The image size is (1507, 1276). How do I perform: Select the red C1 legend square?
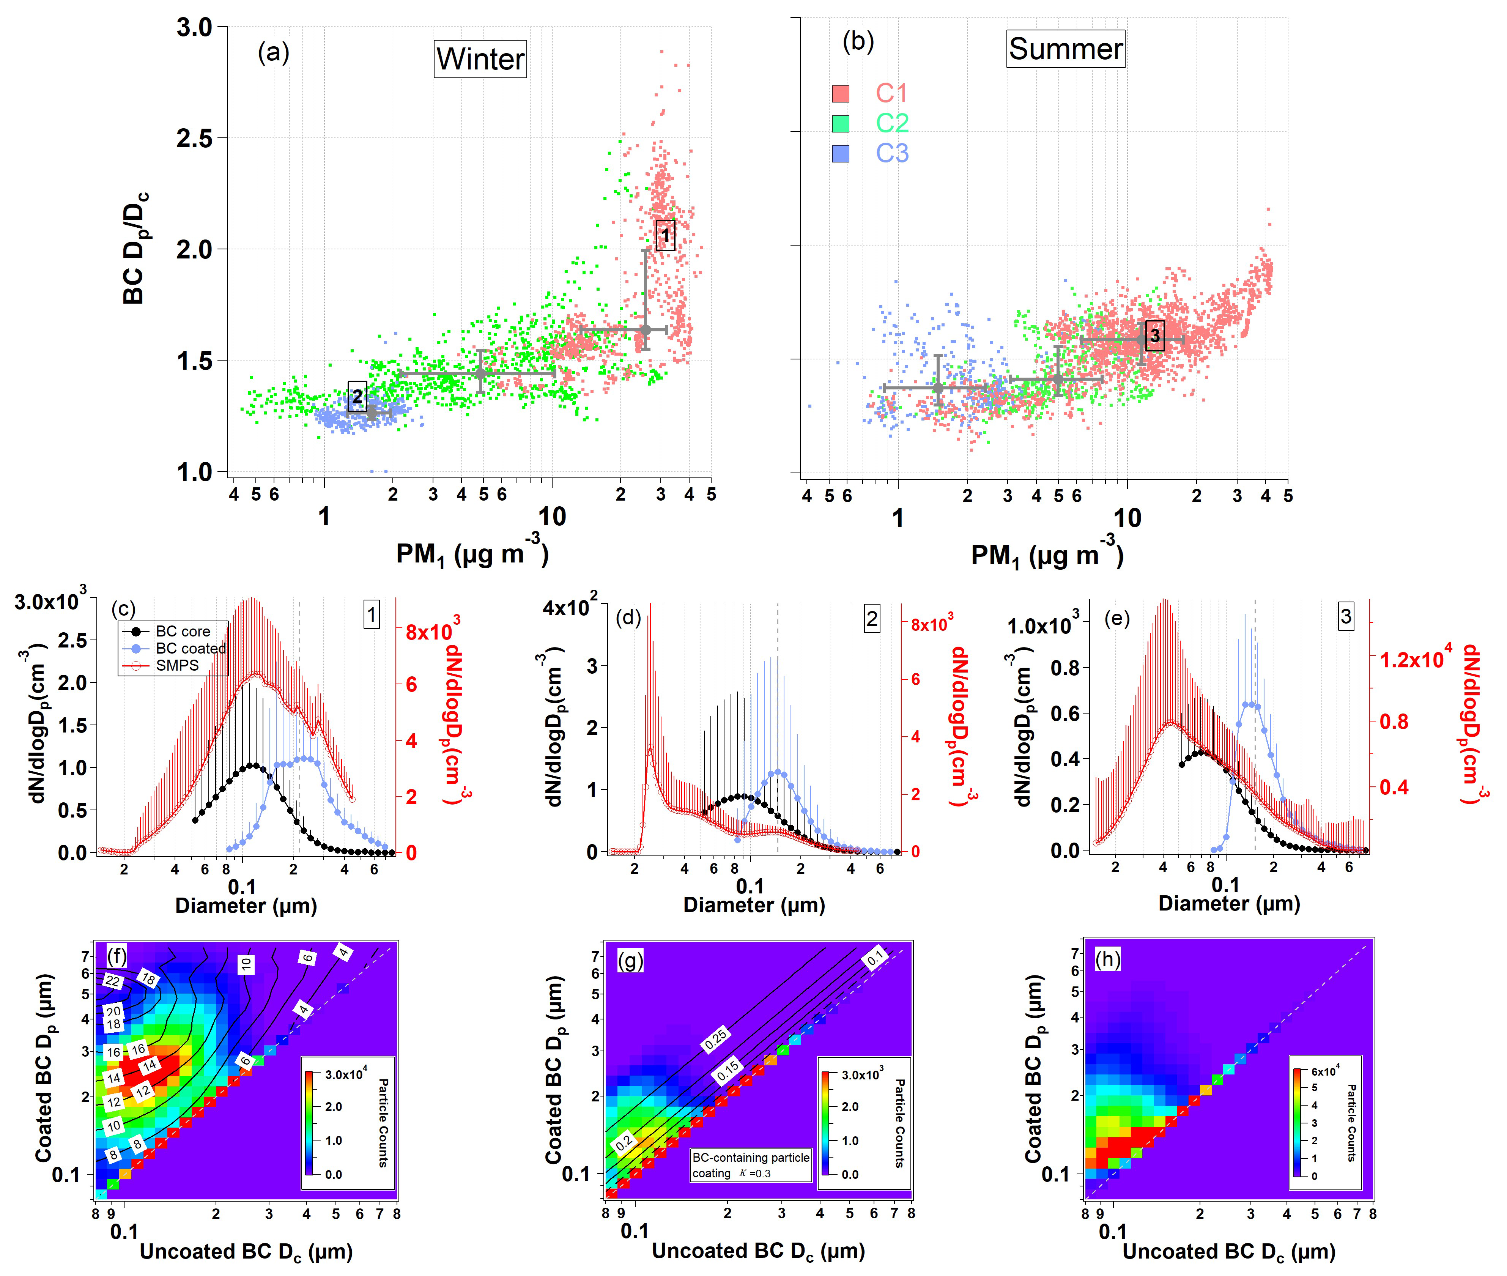840,93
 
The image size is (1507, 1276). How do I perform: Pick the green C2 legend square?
840,124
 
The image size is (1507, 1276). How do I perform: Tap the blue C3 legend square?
840,153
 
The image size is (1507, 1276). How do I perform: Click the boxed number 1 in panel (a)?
665,235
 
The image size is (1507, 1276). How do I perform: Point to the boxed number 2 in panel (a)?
357,396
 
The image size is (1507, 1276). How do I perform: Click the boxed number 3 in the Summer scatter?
1155,336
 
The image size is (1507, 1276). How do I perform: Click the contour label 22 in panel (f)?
113,981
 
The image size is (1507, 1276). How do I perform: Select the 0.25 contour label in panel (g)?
715,1040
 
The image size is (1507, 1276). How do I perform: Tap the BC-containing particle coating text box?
751,1165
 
